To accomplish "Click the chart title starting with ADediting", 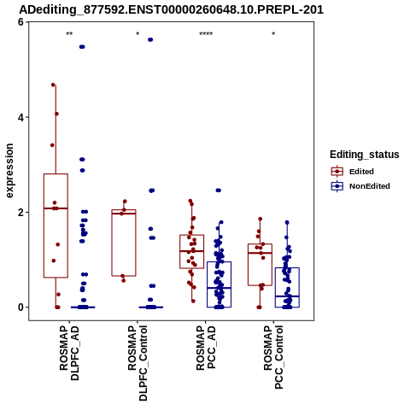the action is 171,9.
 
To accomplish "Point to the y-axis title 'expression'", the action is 9,171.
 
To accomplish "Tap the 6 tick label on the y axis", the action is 20,22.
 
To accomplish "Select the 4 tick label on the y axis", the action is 20,117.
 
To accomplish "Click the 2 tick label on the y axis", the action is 20,212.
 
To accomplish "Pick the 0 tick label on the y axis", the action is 20,307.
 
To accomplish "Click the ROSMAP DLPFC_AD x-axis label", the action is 69,353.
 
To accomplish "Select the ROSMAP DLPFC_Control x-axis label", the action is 138,363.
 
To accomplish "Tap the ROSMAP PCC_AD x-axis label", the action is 206,348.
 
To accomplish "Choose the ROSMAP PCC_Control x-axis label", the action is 273,358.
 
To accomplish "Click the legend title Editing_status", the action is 365,155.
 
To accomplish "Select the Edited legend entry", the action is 353,172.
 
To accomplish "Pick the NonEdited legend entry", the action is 360,186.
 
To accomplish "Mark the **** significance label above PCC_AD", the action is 206,34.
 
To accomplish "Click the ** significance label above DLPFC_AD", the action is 69,34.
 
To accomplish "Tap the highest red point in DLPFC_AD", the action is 53,85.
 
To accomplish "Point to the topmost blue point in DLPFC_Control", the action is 150,40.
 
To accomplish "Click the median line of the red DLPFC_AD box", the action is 56,208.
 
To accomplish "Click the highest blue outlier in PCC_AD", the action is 219,190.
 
